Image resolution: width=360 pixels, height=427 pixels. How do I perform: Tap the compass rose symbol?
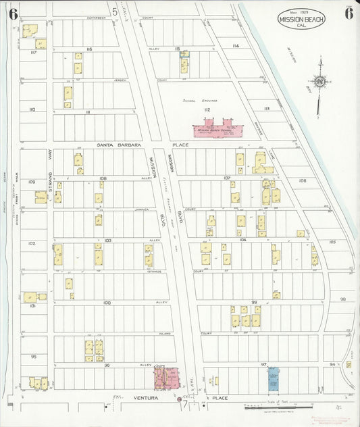319,82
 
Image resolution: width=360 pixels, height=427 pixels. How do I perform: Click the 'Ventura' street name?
145,398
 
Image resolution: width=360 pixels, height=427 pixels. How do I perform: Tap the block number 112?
207,109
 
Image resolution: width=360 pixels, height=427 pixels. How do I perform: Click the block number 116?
88,49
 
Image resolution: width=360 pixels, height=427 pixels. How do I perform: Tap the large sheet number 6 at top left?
13,13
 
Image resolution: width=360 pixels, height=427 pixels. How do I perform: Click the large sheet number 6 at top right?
348,12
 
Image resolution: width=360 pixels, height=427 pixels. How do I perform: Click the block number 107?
227,178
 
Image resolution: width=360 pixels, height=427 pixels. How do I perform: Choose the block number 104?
242,240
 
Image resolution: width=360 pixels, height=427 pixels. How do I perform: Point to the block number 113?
266,108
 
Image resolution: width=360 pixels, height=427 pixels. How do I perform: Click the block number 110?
32,109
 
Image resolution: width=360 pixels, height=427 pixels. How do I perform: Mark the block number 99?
254,302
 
